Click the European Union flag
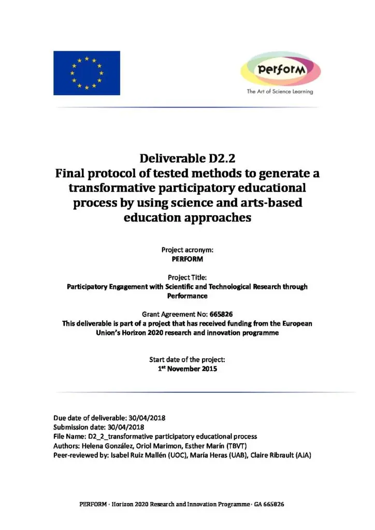click(x=86, y=72)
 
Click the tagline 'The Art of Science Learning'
click(x=280, y=92)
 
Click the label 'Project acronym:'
click(x=187, y=250)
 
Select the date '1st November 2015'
click(x=187, y=369)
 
